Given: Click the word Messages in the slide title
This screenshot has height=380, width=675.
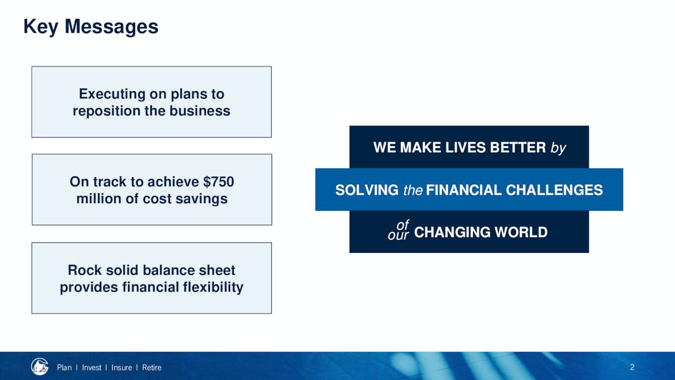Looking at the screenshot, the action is (111, 26).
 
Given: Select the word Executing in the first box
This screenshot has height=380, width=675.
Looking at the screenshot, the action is (112, 94).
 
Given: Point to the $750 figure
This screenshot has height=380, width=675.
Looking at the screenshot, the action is (218, 182).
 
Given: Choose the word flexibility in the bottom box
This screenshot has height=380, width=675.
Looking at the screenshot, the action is (213, 287).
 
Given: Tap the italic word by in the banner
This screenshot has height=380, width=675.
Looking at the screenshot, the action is (558, 148).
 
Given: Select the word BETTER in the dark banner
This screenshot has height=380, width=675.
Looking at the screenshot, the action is (518, 147).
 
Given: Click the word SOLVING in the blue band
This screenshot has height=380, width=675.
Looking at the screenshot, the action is (367, 190).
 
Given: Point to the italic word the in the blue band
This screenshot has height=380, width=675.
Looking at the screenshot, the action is (413, 191).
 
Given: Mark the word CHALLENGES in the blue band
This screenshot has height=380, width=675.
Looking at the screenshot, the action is (554, 190).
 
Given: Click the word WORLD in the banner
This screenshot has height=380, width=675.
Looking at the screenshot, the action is (521, 232).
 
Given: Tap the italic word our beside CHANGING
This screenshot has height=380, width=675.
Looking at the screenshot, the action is (398, 235).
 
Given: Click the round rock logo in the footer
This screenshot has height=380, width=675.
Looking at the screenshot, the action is (40, 366).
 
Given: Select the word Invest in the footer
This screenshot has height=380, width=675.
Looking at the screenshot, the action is (92, 368).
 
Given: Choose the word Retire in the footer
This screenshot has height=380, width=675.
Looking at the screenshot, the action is (151, 368).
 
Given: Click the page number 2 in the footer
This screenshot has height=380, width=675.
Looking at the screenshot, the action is (632, 367).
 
